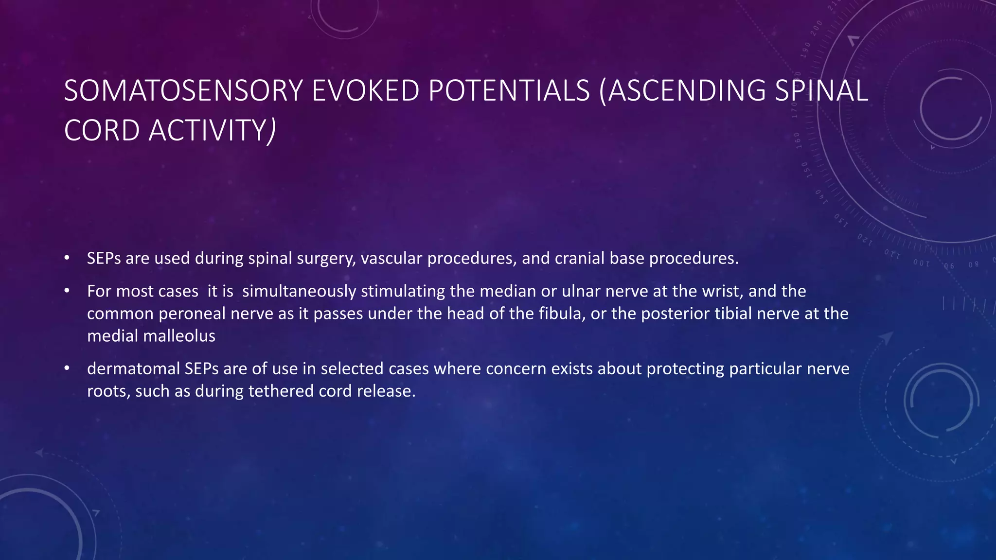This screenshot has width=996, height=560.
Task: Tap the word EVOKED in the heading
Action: click(x=365, y=91)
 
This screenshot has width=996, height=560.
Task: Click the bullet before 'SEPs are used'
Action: click(x=67, y=258)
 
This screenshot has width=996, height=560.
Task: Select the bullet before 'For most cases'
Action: click(x=67, y=291)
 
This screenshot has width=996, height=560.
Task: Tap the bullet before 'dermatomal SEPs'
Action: click(x=67, y=368)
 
